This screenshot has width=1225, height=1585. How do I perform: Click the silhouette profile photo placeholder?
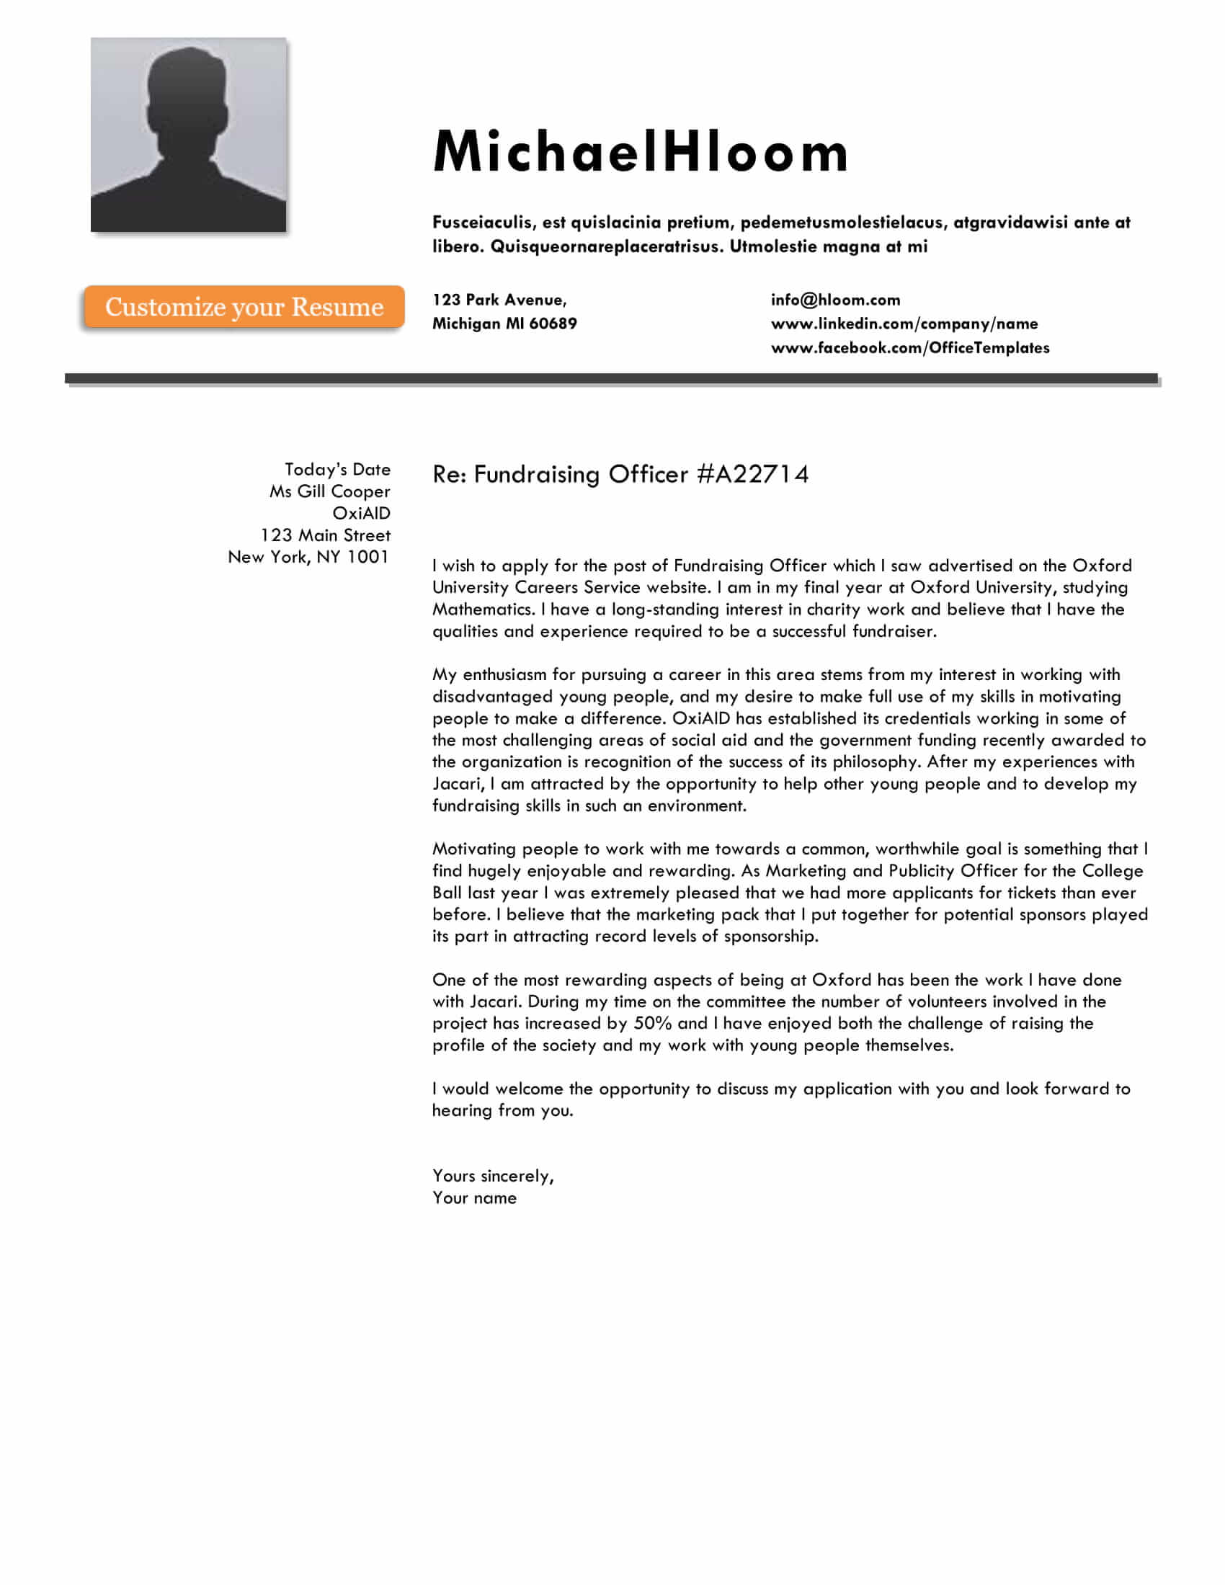pyautogui.click(x=188, y=135)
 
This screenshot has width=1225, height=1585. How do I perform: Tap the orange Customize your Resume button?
pyautogui.click(x=244, y=307)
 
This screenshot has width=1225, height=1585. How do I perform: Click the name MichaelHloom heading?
pyautogui.click(x=640, y=153)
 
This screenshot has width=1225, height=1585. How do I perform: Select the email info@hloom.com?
pyautogui.click(x=835, y=300)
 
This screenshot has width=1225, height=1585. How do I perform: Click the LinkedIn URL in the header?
pyautogui.click(x=904, y=324)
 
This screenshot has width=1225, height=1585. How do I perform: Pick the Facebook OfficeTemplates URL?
pyautogui.click(x=909, y=349)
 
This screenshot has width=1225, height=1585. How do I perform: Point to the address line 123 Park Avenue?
pyautogui.click(x=499, y=300)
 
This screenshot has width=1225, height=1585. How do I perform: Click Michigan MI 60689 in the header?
pyautogui.click(x=504, y=324)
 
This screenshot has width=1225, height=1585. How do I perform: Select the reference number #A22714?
pyautogui.click(x=752, y=475)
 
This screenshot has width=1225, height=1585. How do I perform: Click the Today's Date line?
pyautogui.click(x=337, y=470)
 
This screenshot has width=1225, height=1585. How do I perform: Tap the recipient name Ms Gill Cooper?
pyautogui.click(x=329, y=491)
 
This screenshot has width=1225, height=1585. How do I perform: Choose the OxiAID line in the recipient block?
pyautogui.click(x=361, y=513)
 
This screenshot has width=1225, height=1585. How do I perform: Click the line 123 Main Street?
pyautogui.click(x=325, y=535)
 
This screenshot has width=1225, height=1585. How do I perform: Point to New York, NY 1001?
pyautogui.click(x=308, y=558)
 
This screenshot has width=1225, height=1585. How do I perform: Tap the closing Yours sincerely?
pyautogui.click(x=493, y=1176)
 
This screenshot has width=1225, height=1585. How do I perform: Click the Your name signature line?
pyautogui.click(x=475, y=1198)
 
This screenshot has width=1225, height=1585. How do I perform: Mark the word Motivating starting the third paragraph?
pyautogui.click(x=475, y=849)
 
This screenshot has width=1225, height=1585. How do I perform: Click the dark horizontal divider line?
pyautogui.click(x=611, y=378)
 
